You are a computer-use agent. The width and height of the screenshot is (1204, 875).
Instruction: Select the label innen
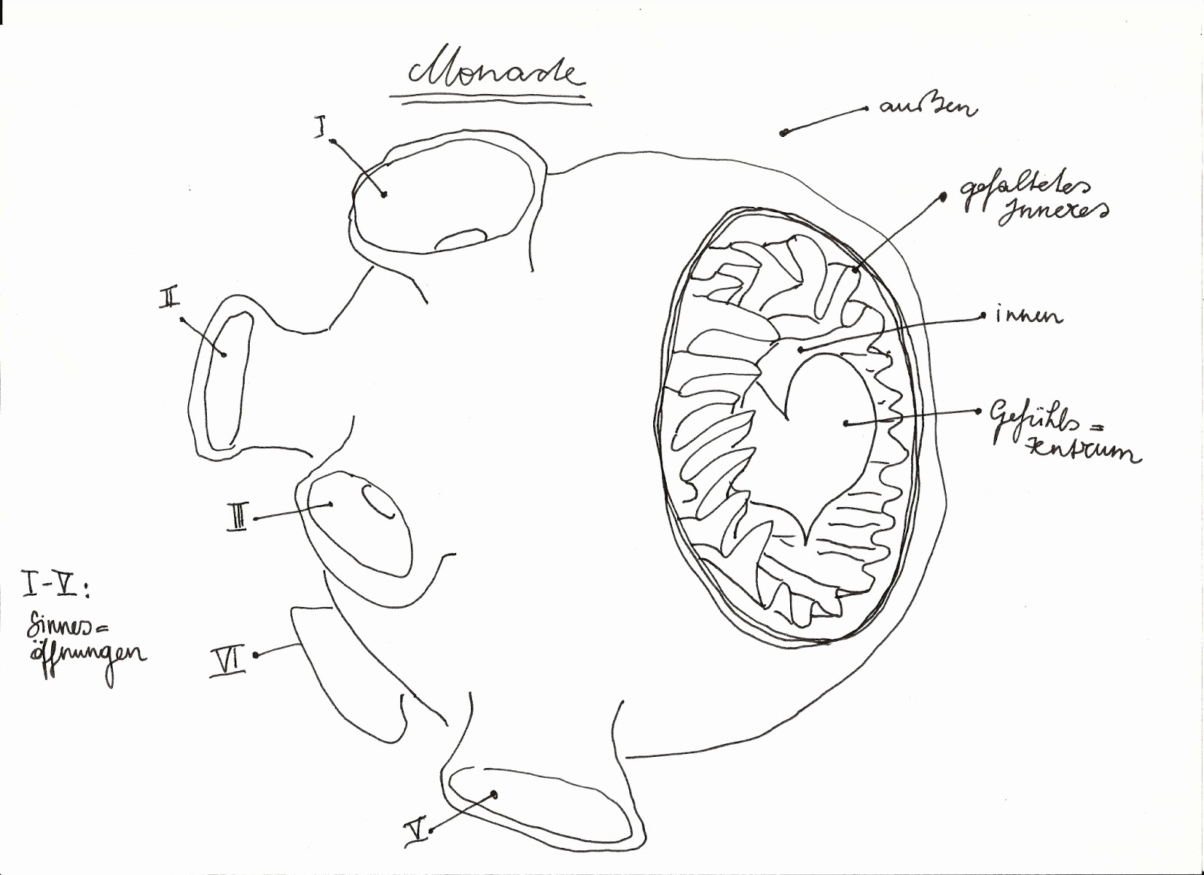pyautogui.click(x=1029, y=316)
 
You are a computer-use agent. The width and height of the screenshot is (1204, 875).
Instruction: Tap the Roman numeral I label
pyautogui.click(x=320, y=127)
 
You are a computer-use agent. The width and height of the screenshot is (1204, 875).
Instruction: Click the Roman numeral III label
pyautogui.click(x=236, y=519)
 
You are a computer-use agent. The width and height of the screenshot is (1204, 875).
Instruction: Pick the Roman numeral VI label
pyautogui.click(x=227, y=661)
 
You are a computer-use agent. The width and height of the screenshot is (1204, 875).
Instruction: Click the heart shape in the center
pyautogui.click(x=828, y=436)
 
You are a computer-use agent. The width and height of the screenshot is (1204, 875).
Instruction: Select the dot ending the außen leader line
pyautogui.click(x=783, y=133)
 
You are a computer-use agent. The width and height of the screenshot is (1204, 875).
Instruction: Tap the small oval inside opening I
pyautogui.click(x=461, y=238)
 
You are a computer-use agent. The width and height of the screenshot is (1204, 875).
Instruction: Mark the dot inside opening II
pyautogui.click(x=223, y=354)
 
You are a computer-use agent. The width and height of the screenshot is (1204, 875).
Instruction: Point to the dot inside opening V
pyautogui.click(x=494, y=794)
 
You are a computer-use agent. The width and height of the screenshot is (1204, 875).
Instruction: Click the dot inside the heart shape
pyautogui.click(x=846, y=424)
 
